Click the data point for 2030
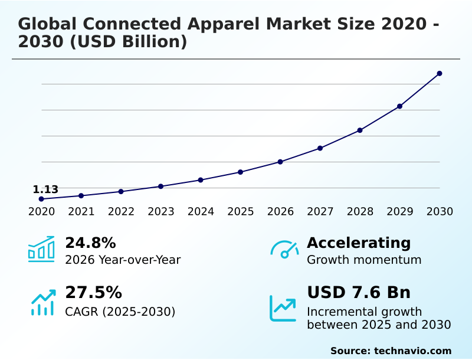440,73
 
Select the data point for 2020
41,199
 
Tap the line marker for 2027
320,148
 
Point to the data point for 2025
240,172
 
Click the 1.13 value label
45,189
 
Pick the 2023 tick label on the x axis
160,212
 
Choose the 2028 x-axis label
360,212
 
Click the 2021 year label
81,212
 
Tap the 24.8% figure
90,243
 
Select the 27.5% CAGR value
93,293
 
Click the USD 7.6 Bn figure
359,293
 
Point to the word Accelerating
359,243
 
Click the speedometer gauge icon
284,249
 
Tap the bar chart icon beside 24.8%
41,249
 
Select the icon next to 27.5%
42,302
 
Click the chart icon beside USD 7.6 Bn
283,307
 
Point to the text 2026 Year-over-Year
123,260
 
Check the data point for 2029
399,106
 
